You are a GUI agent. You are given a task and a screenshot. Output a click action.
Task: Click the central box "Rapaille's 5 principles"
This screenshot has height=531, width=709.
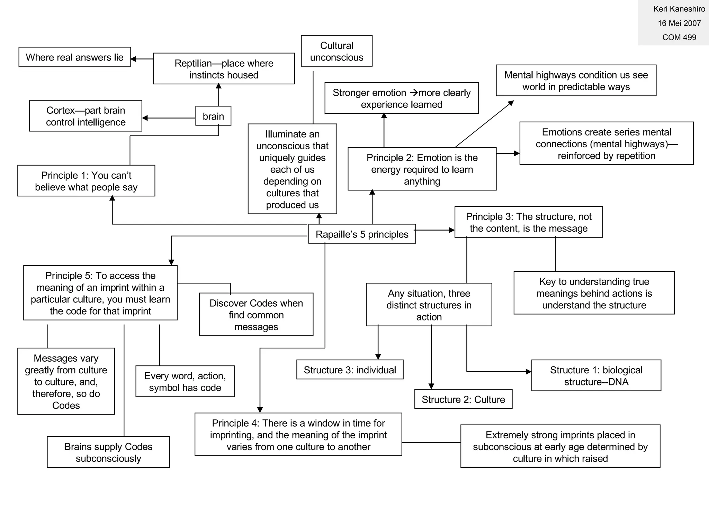362,234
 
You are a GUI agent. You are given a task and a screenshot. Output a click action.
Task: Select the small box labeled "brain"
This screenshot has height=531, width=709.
213,116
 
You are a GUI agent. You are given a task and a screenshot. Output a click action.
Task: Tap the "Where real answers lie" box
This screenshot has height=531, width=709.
75,57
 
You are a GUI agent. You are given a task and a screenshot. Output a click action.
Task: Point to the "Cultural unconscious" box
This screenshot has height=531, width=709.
336,51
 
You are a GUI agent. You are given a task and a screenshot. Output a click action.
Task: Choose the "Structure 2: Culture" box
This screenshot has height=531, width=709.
463,399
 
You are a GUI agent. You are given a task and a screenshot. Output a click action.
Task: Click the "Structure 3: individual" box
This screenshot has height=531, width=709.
350,370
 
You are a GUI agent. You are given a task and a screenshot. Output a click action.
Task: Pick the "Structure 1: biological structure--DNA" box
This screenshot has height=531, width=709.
596,376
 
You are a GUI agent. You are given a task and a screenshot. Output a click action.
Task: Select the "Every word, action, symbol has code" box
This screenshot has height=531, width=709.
185,382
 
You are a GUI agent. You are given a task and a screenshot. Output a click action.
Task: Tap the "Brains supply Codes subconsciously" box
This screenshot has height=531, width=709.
108,453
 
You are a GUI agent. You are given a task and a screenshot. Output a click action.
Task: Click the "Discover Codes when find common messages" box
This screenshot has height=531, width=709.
256,315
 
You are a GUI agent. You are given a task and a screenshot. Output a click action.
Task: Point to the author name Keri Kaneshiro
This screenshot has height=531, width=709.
679,9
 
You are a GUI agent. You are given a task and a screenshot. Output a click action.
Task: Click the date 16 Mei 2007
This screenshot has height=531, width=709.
679,23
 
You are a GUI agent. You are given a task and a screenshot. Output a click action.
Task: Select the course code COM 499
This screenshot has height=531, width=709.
679,37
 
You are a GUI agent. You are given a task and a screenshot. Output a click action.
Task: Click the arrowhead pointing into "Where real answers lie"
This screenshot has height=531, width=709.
134,59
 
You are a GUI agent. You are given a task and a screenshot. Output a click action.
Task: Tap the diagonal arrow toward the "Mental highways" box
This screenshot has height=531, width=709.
485,124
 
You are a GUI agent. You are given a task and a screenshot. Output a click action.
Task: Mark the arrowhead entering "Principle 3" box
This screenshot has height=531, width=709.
451,230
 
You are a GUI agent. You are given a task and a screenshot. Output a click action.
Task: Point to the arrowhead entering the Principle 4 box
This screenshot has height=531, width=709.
260,410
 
